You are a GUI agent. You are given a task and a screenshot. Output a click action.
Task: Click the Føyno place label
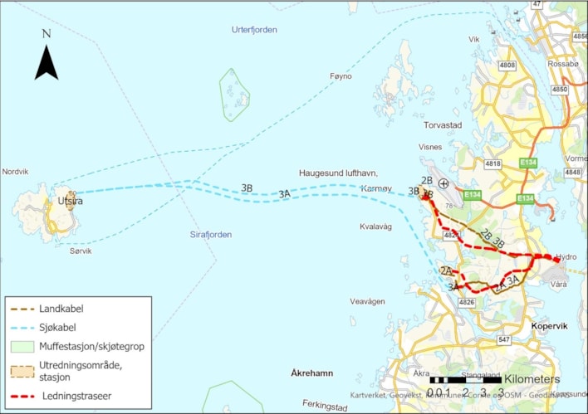pyautogui.click(x=341, y=76)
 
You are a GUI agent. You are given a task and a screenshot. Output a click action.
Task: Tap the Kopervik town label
pyautogui.click(x=549, y=327)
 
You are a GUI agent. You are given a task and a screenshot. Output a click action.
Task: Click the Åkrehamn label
pyautogui.click(x=312, y=373)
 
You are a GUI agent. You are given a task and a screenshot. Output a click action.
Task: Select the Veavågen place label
pyautogui.click(x=367, y=302)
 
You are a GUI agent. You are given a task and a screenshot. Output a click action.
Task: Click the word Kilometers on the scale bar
pyautogui.click(x=532, y=379)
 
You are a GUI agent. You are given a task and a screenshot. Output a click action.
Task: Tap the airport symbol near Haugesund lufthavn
pyautogui.click(x=445, y=183)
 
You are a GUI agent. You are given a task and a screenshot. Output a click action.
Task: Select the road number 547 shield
pyautogui.click(x=504, y=340)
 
